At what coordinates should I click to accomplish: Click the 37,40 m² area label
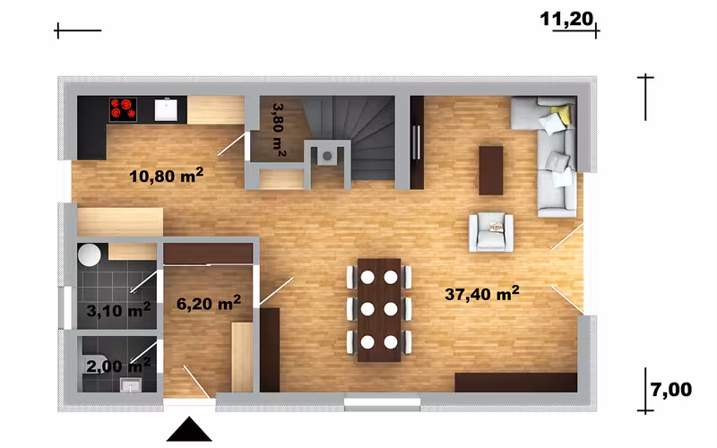click(482, 294)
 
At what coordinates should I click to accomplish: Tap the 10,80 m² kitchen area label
click(166, 176)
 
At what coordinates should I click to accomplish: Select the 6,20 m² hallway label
click(209, 303)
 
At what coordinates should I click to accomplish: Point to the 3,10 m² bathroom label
click(118, 310)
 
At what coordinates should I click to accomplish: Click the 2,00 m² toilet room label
click(118, 366)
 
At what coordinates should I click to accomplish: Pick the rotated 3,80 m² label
click(279, 130)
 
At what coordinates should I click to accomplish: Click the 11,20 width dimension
click(566, 19)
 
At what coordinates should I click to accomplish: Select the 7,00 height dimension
click(671, 390)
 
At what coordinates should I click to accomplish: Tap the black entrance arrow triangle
click(189, 429)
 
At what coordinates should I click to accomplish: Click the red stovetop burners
click(123, 109)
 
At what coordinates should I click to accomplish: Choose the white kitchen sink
click(166, 109)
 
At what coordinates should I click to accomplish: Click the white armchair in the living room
click(491, 232)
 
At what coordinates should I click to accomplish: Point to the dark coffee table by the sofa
click(491, 170)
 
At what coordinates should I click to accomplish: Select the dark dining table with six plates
click(379, 310)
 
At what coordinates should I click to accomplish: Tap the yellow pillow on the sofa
click(562, 115)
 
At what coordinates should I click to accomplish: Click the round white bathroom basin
click(89, 255)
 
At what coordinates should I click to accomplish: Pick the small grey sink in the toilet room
click(131, 385)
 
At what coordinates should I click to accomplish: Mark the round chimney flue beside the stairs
click(327, 156)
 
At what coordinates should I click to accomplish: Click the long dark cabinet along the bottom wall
click(516, 383)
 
